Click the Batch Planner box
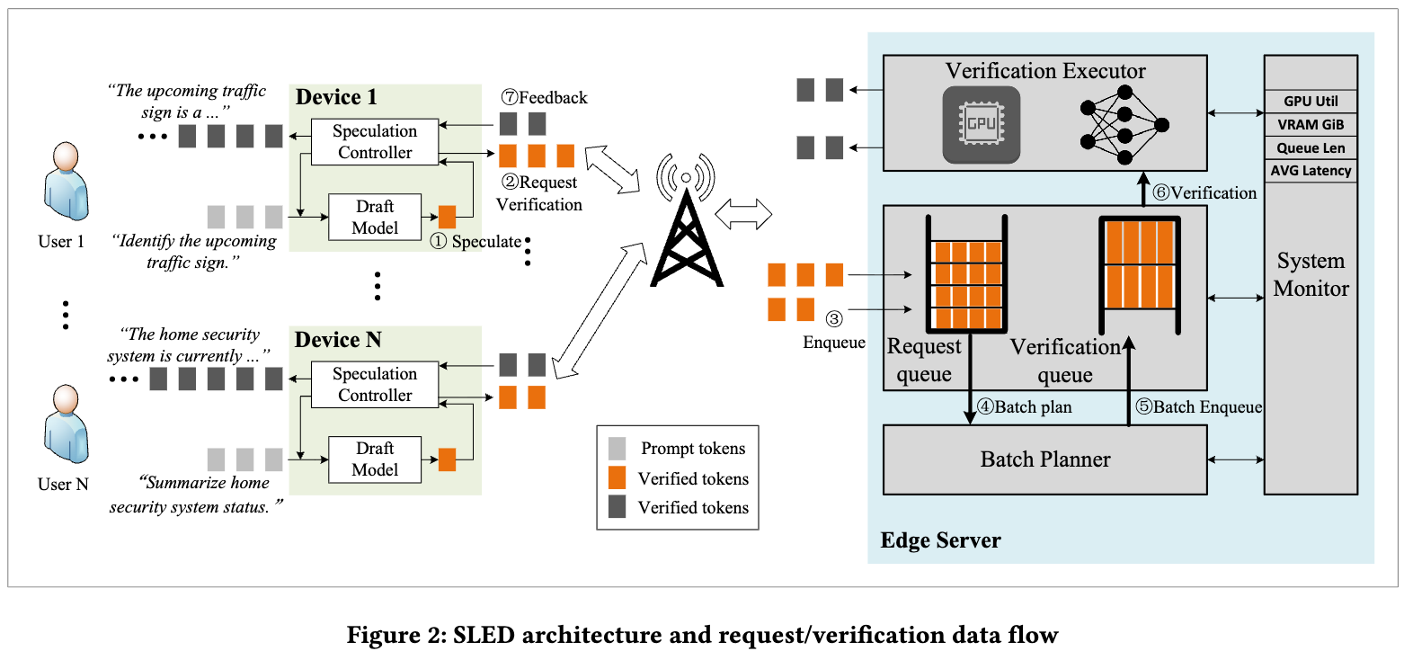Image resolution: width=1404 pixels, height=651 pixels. pyautogui.click(x=1044, y=459)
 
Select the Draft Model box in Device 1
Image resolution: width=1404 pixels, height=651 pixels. pyautogui.click(x=374, y=217)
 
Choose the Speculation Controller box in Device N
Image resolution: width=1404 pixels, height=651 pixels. pyautogui.click(x=374, y=385)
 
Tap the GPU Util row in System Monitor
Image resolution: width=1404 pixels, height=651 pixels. pyautogui.click(x=1311, y=101)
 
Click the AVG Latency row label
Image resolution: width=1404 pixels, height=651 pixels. pyautogui.click(x=1311, y=171)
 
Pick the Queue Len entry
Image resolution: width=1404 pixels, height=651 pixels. pyautogui.click(x=1311, y=147)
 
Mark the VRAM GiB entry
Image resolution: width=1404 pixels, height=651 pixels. pyautogui.click(x=1311, y=124)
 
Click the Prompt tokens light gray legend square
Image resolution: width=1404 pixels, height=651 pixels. pyautogui.click(x=618, y=448)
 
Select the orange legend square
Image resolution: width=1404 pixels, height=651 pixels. pyautogui.click(x=618, y=478)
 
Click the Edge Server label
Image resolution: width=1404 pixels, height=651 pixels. pyautogui.click(x=940, y=540)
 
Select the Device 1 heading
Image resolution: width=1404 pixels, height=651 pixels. pyautogui.click(x=336, y=97)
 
